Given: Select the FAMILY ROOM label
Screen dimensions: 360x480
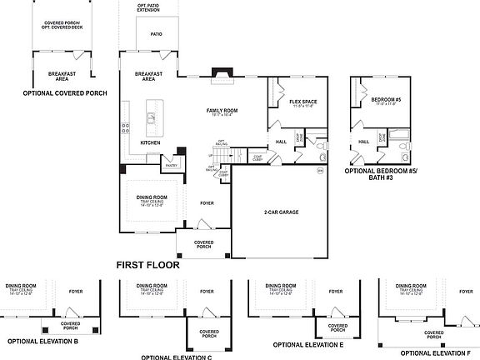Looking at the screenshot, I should click(222, 110).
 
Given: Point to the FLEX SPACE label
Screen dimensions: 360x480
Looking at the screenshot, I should click(304, 102).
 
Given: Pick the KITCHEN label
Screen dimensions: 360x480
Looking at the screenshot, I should click(150, 142).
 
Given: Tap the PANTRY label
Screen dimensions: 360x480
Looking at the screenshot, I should click(172, 165).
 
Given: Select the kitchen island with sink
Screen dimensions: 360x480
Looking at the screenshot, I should click(152, 112).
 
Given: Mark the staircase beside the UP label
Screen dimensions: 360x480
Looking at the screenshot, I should click(238, 156).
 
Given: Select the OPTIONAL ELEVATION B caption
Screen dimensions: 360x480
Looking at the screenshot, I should click(42, 341).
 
